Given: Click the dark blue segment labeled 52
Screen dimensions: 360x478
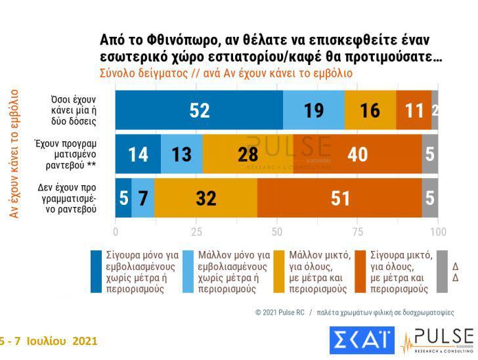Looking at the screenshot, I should tap(199, 110).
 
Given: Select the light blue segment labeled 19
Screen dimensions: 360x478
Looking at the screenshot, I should tap(314, 110).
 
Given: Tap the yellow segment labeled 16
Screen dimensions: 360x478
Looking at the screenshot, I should tap(370, 110).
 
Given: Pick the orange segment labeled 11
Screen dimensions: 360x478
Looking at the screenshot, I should tap(414, 110).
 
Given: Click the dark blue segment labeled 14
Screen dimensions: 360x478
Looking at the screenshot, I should tap(138, 154).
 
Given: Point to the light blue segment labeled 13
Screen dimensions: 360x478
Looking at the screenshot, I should tap(181, 154).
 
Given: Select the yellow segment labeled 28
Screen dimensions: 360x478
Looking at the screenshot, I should tap(248, 154).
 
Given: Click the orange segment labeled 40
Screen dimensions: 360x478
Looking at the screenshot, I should tap(357, 154).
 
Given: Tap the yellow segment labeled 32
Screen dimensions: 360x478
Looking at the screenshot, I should tap(206, 198).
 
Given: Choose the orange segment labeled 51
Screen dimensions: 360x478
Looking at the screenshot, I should tap(340, 198).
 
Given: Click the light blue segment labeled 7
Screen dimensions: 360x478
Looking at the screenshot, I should tap(143, 198).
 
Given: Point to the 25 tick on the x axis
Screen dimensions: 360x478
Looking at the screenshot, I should tap(196, 232).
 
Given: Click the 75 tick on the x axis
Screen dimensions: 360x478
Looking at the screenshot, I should tap(357, 232).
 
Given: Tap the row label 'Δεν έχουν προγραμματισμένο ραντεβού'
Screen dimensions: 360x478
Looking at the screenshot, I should tap(74, 198).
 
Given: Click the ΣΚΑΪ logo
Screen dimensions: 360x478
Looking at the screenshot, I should tap(361, 341).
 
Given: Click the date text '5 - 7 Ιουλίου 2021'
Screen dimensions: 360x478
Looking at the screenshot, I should tap(49, 341).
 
